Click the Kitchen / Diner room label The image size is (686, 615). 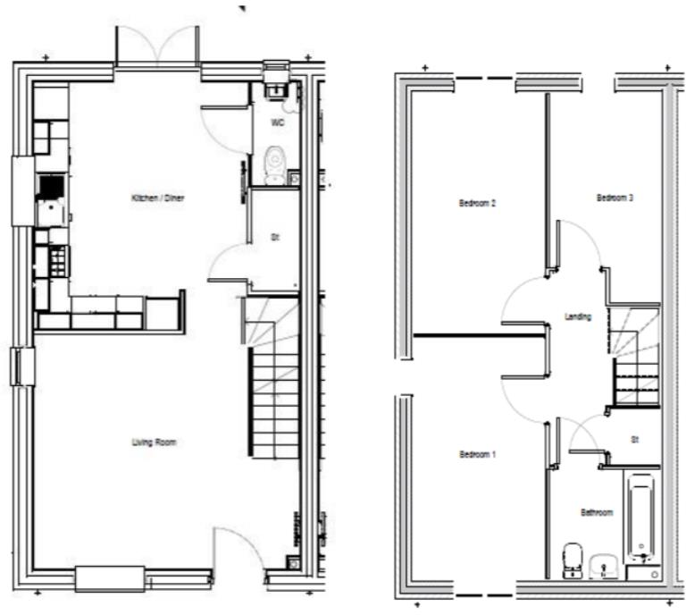(x=157, y=198)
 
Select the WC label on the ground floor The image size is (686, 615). (x=277, y=122)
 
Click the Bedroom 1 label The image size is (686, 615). (x=477, y=455)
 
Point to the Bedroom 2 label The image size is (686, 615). (x=477, y=204)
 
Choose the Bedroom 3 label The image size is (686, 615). (x=615, y=198)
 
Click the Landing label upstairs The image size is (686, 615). (x=578, y=316)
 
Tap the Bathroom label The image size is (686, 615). (x=596, y=513)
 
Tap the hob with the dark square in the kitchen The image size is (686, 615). (x=50, y=187)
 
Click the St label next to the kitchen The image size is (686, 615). (x=275, y=239)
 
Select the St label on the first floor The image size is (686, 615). (x=635, y=440)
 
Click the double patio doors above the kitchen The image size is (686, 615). (x=157, y=46)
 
